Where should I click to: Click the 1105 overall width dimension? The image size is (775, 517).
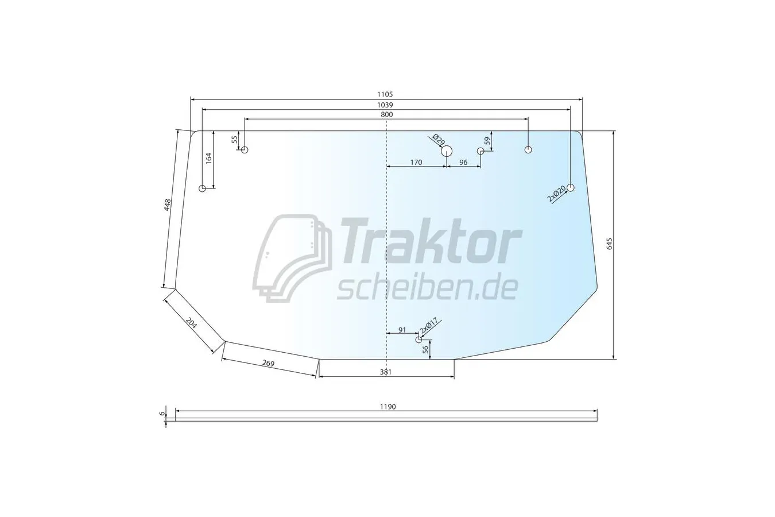tap(385, 94)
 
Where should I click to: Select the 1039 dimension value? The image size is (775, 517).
tap(385, 105)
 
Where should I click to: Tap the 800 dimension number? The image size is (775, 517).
tap(387, 115)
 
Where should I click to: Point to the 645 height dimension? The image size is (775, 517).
tap(609, 244)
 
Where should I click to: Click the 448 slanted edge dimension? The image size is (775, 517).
tap(167, 205)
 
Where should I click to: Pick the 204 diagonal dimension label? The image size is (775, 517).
tap(191, 323)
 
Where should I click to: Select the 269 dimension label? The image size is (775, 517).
tap(268, 363)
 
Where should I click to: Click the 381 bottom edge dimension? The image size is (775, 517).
tap(385, 372)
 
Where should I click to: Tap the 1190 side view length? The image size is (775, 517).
tap(388, 407)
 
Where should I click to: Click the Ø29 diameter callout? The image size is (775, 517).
tap(439, 140)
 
